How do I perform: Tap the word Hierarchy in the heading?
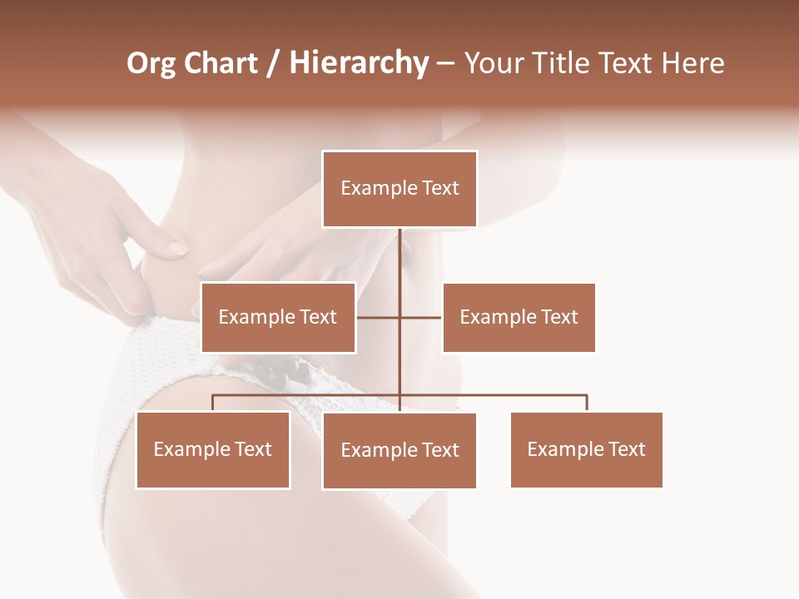[358, 63]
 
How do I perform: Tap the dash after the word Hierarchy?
[445, 64]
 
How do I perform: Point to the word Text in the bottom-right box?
[627, 449]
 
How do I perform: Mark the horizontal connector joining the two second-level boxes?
[420, 317]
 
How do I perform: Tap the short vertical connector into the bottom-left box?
[213, 403]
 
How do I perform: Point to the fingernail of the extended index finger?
[178, 248]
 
